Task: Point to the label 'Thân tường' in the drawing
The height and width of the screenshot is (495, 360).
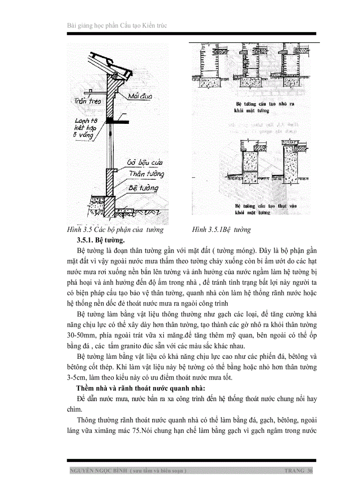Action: point(146,174)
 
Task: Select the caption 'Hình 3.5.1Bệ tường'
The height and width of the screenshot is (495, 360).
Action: point(221,230)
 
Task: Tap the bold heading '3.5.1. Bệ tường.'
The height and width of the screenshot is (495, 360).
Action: point(101,240)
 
